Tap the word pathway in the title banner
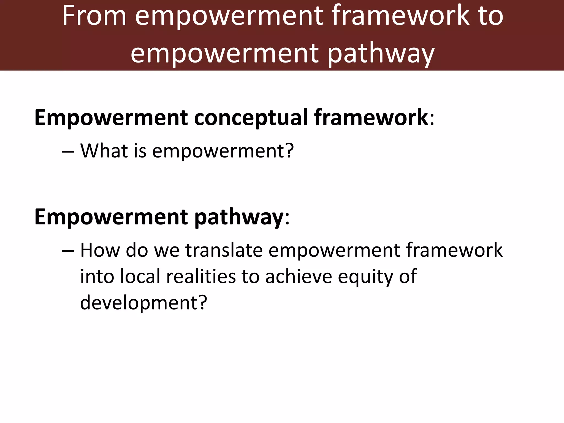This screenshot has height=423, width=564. [x=381, y=54]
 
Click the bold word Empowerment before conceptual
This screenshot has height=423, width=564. [x=111, y=118]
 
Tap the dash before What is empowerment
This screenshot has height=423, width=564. [x=68, y=152]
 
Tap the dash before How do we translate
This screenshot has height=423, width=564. [x=68, y=251]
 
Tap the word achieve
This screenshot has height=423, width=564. [x=299, y=276]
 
